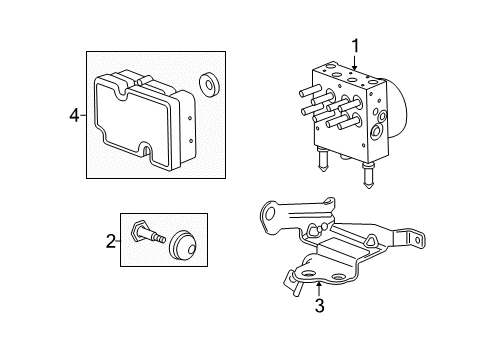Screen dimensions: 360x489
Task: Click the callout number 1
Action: pyautogui.click(x=353, y=44)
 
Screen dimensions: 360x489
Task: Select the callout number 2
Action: pyautogui.click(x=110, y=240)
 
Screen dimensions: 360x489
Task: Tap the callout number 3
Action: pyautogui.click(x=318, y=306)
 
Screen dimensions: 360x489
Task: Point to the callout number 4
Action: pyautogui.click(x=73, y=116)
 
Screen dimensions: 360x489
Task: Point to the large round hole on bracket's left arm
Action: pyautogui.click(x=269, y=212)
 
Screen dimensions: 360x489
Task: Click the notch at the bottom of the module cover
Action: pyautogui.click(x=148, y=154)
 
